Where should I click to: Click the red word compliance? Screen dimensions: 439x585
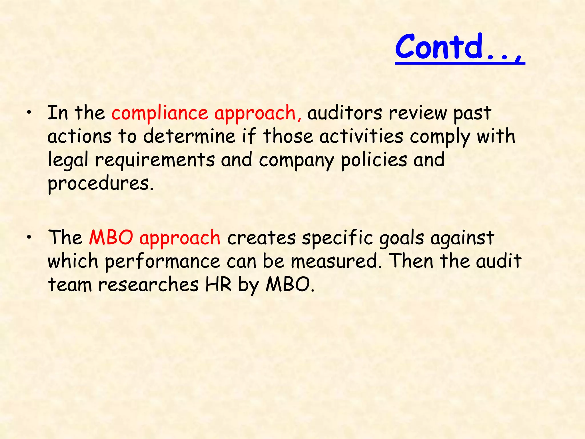pos(159,113)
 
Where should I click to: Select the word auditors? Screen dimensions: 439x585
pos(344,113)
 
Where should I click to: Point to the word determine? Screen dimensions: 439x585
pos(189,136)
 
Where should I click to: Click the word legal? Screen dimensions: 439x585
pos(68,160)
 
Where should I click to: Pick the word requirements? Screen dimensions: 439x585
pos(155,160)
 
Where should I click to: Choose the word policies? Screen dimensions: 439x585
pos(374,160)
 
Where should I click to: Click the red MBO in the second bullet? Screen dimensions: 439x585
pos(111,238)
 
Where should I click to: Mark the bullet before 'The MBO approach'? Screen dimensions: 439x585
pos(29,238)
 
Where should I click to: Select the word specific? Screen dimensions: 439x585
pos(337,238)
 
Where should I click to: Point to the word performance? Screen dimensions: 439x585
pos(162,262)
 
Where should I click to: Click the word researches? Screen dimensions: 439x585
pos(148,285)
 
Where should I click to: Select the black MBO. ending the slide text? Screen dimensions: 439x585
pos(290,285)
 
